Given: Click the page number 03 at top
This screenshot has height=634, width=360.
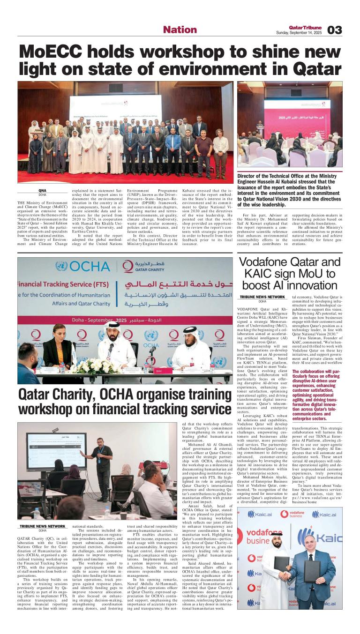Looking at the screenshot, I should (x=335, y=30).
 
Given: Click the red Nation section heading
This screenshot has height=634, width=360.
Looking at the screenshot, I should (x=180, y=30).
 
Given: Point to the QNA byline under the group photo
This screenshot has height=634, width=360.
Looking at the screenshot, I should (x=42, y=191).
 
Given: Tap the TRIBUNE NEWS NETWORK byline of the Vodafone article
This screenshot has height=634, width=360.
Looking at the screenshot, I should (x=262, y=297).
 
